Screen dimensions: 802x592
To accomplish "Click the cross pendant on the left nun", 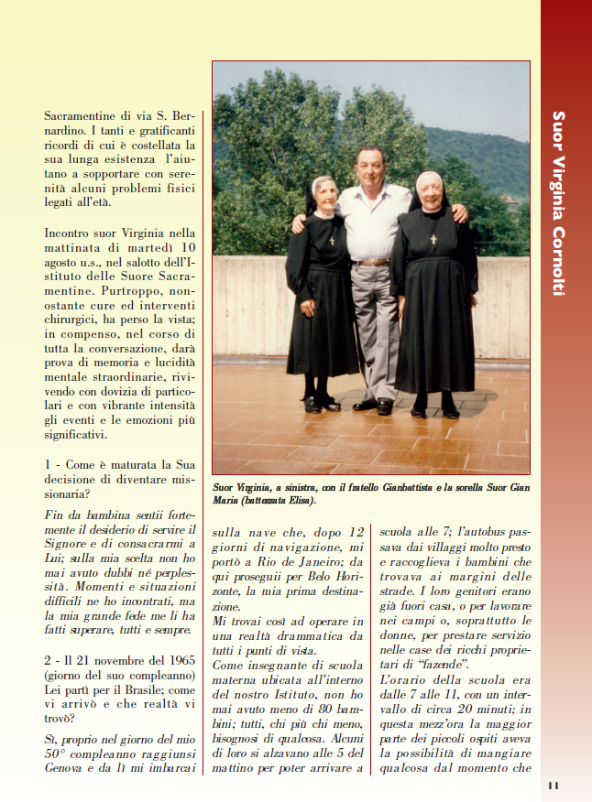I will (x=332, y=241).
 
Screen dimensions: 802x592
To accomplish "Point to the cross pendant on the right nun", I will (x=433, y=239).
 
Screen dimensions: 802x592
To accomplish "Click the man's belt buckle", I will (x=370, y=263).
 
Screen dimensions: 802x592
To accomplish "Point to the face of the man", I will (x=370, y=168).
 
